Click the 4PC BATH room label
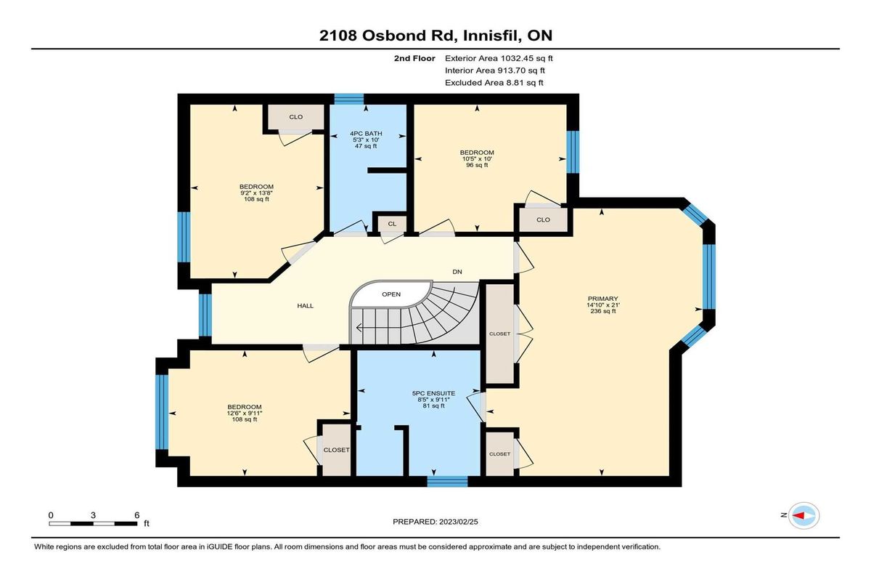click(366, 134)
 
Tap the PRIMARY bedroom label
click(602, 299)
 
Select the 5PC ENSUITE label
click(433, 393)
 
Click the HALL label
click(306, 306)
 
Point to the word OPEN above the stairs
click(391, 294)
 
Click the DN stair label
click(457, 272)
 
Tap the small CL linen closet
click(392, 224)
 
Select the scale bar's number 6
click(137, 515)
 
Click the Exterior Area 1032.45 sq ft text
click(499, 58)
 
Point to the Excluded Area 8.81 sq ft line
click(494, 83)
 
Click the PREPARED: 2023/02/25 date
click(435, 522)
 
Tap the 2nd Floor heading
click(414, 58)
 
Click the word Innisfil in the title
click(490, 36)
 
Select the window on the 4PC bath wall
click(349, 99)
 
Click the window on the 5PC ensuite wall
click(447, 481)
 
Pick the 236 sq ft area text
click(603, 311)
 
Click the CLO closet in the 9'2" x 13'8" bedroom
click(296, 117)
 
